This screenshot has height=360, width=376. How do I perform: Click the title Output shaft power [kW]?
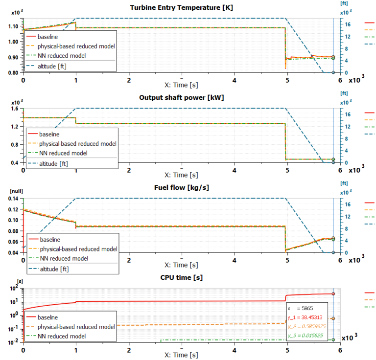tap(181, 98)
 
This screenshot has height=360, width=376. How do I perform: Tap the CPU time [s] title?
tap(181, 277)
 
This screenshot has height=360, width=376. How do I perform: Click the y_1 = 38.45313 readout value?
tap(308, 317)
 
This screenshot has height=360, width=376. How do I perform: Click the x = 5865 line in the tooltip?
tap(300, 309)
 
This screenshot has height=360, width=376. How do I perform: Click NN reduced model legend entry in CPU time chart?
tap(62, 336)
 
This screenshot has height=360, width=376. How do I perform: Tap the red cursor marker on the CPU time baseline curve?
tap(333, 293)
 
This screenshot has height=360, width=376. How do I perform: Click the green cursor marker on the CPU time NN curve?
tap(333, 339)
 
